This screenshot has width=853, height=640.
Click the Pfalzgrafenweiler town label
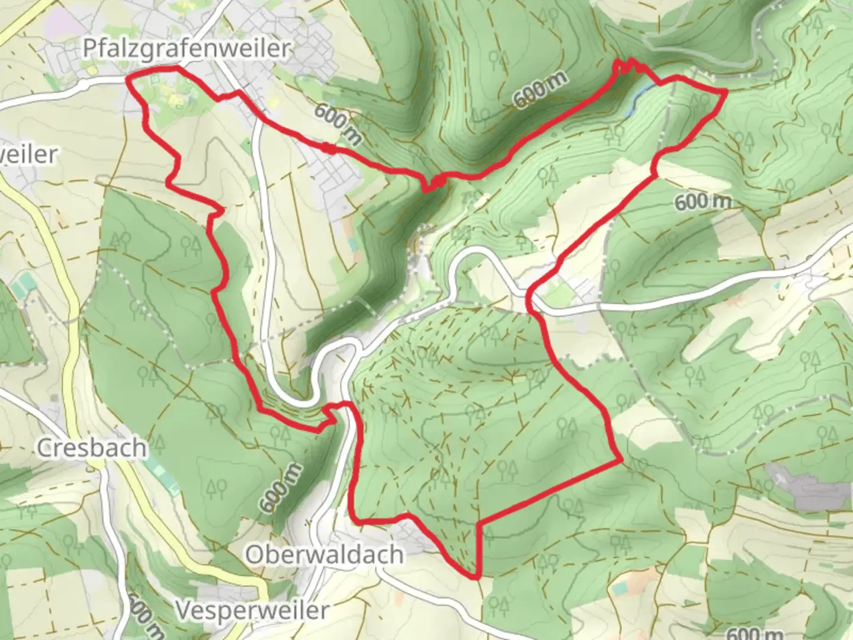coord(186,48)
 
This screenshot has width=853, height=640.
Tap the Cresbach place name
coord(92,448)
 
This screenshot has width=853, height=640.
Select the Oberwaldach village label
coord(325,555)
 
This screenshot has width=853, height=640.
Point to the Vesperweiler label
coord(252,610)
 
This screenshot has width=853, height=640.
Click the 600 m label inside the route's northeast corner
coord(703,202)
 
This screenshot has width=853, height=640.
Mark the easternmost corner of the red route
coord(726,91)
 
